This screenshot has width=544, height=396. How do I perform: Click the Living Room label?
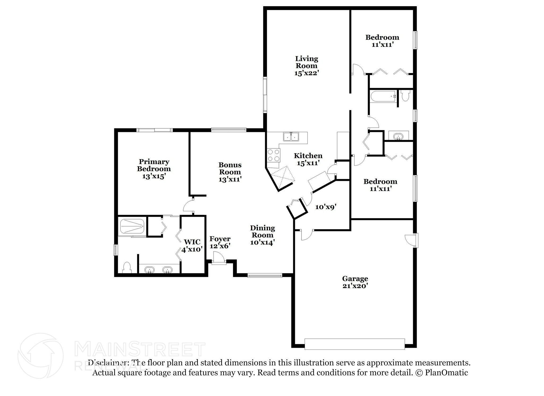click(x=307, y=62)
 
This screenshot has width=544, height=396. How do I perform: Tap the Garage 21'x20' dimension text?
click(x=355, y=286)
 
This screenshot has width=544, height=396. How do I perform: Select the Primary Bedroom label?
click(x=154, y=165)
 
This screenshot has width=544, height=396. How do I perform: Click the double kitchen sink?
click(x=291, y=137)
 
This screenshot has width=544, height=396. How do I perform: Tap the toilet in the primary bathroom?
click(x=127, y=268)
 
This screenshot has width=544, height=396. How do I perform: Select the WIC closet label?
click(x=192, y=242)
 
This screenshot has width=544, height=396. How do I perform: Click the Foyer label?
click(x=220, y=239)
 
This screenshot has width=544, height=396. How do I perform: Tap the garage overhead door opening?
click(x=355, y=344)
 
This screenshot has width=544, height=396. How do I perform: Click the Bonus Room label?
click(x=230, y=168)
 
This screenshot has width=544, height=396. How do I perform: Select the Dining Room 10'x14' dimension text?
click(x=262, y=243)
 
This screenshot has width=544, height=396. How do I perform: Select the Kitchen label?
click(x=308, y=156)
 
